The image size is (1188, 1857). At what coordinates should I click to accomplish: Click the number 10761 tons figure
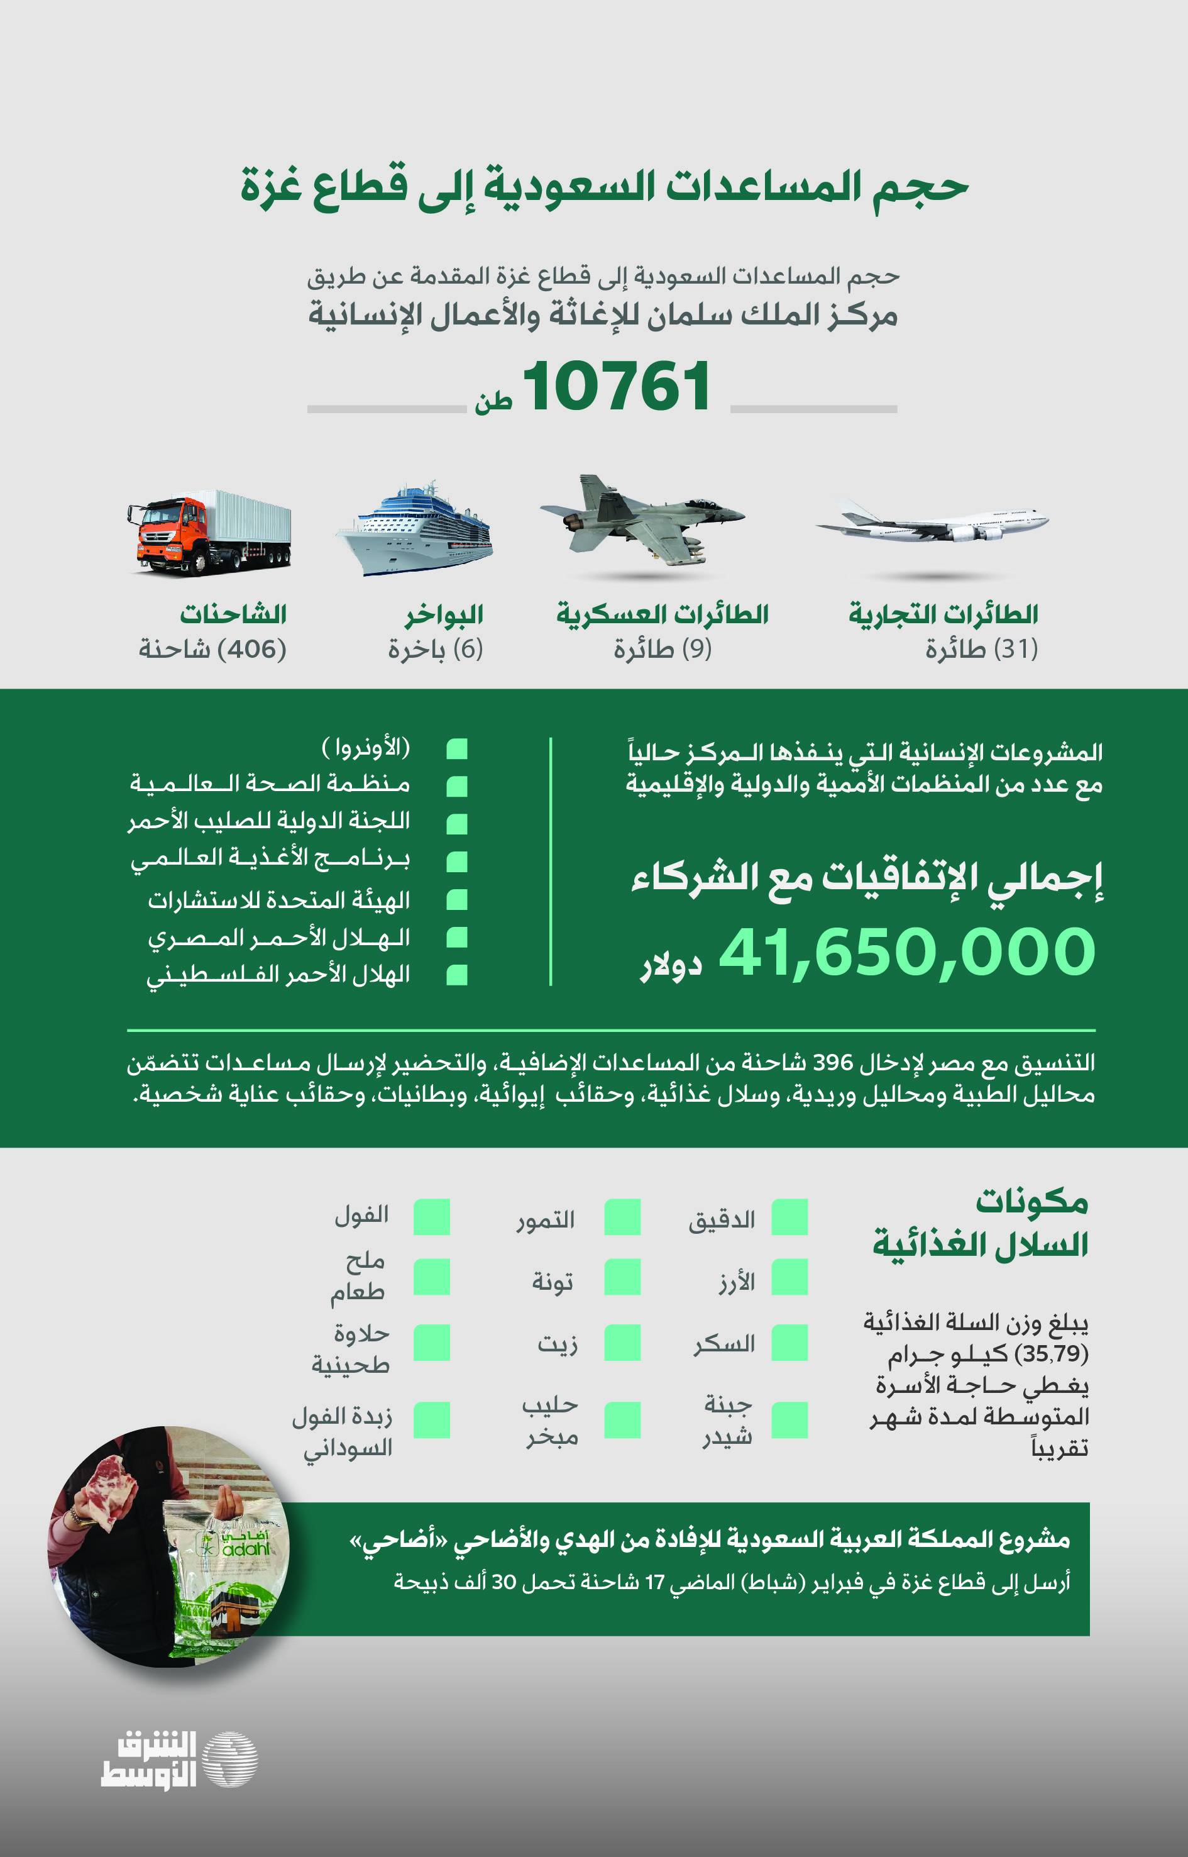point(615,387)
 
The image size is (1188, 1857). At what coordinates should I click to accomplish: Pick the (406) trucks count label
point(213,649)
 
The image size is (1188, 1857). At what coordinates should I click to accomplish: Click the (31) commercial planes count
point(981,649)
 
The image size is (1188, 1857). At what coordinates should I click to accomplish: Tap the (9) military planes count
point(663,649)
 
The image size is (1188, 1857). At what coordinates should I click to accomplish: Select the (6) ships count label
point(436,649)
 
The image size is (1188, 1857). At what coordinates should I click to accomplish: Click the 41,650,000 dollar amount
point(906,951)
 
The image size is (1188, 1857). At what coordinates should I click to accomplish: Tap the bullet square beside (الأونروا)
point(457,748)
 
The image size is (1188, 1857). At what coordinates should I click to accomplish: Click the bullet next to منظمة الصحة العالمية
point(457,785)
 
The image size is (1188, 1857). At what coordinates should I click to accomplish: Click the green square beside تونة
point(622,1279)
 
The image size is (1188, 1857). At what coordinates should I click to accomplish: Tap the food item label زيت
point(557,1344)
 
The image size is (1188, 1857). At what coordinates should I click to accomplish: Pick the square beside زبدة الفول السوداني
point(431,1420)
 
